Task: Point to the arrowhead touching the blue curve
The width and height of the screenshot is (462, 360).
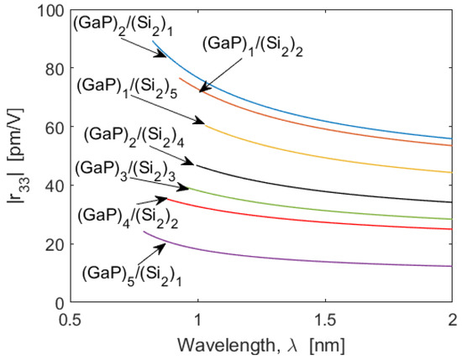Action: click(x=165, y=55)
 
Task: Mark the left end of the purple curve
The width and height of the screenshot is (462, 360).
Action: click(x=144, y=232)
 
